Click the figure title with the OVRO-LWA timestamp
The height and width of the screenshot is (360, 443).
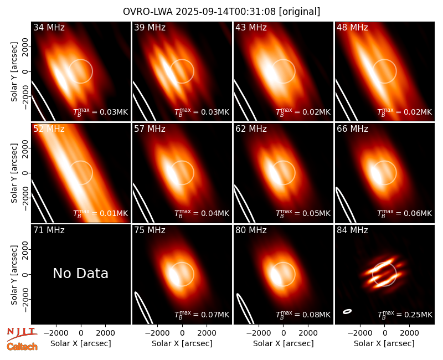221,12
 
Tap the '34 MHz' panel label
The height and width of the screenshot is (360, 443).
49,27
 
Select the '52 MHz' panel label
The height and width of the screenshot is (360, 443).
49,129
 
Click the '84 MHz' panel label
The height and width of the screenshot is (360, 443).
352,230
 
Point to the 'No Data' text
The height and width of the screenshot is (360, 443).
81,273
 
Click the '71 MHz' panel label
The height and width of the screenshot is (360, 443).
49,230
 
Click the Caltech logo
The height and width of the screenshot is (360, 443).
22,347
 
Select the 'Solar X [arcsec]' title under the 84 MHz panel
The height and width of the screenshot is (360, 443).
384,343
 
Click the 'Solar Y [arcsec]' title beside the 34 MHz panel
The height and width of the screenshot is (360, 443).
14,72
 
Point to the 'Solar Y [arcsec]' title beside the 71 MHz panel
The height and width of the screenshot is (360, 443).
14,275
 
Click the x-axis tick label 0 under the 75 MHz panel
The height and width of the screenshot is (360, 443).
182,333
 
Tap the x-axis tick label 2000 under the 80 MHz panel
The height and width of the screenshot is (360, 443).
308,333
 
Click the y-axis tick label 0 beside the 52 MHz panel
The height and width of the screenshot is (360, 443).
25,173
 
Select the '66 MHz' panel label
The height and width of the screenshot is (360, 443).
352,129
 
